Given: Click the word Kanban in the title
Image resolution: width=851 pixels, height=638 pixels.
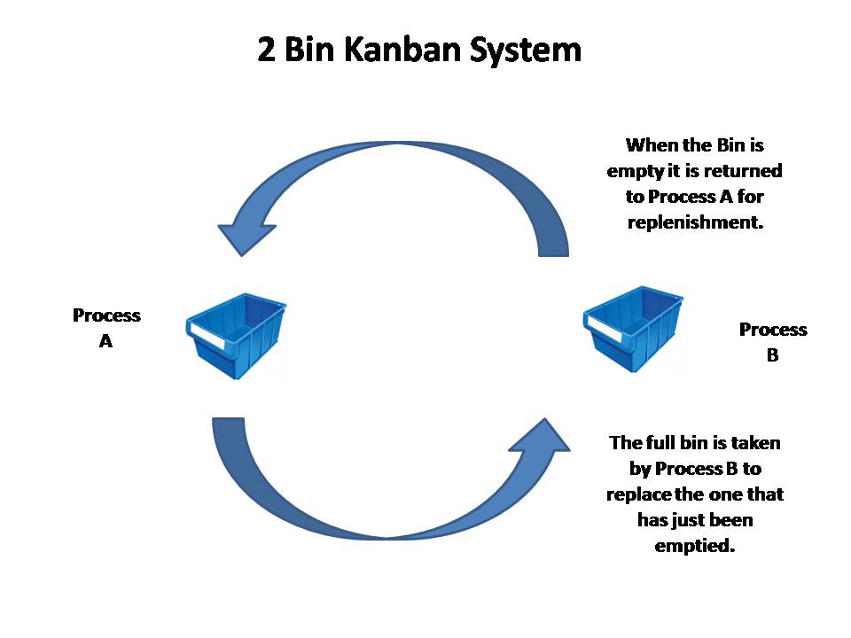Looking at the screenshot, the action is point(403,50).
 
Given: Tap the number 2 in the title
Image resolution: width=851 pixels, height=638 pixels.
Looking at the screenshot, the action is point(266,50).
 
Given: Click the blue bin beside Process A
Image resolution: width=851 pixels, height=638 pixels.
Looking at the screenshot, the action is point(236,336).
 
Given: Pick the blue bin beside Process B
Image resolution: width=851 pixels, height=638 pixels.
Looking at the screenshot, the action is point(633,330).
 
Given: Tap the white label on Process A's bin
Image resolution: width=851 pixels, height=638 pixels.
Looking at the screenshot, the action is point(207,336).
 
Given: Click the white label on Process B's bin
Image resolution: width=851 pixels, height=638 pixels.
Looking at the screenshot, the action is point(605,330).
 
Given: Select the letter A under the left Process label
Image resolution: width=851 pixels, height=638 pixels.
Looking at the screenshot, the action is point(105,341).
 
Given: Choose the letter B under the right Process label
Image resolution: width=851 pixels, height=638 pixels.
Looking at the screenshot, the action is point(772,355).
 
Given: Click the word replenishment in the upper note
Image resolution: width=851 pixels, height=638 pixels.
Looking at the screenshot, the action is point(695,222).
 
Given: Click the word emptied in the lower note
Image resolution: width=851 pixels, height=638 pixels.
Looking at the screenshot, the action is point(695,547).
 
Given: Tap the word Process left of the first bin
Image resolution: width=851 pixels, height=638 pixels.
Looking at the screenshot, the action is point(106,315).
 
